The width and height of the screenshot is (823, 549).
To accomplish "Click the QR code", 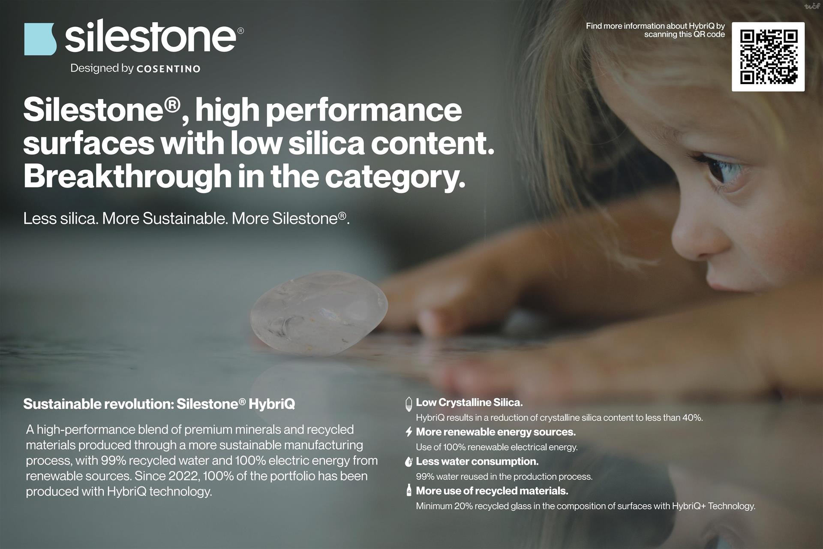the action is tap(768, 57).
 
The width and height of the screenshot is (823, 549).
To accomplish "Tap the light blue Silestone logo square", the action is tap(40, 39).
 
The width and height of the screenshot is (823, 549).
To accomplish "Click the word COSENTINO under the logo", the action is tap(168, 69).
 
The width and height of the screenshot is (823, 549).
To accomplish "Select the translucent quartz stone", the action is tap(319, 313).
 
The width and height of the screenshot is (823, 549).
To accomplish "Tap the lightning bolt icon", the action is tap(409, 432).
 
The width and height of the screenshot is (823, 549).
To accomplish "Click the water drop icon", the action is tap(409, 462).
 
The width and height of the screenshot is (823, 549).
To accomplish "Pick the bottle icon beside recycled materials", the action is tap(409, 490).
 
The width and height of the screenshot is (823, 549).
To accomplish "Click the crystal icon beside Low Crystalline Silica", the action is tap(409, 404).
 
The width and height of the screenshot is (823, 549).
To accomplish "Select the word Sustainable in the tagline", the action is tap(185, 219).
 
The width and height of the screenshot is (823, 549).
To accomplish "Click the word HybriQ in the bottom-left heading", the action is tap(272, 404).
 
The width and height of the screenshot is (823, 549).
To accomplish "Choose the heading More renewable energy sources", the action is tap(496, 432).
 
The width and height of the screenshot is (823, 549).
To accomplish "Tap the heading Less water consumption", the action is tap(477, 462).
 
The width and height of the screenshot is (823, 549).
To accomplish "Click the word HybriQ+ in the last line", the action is tap(688, 506).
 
